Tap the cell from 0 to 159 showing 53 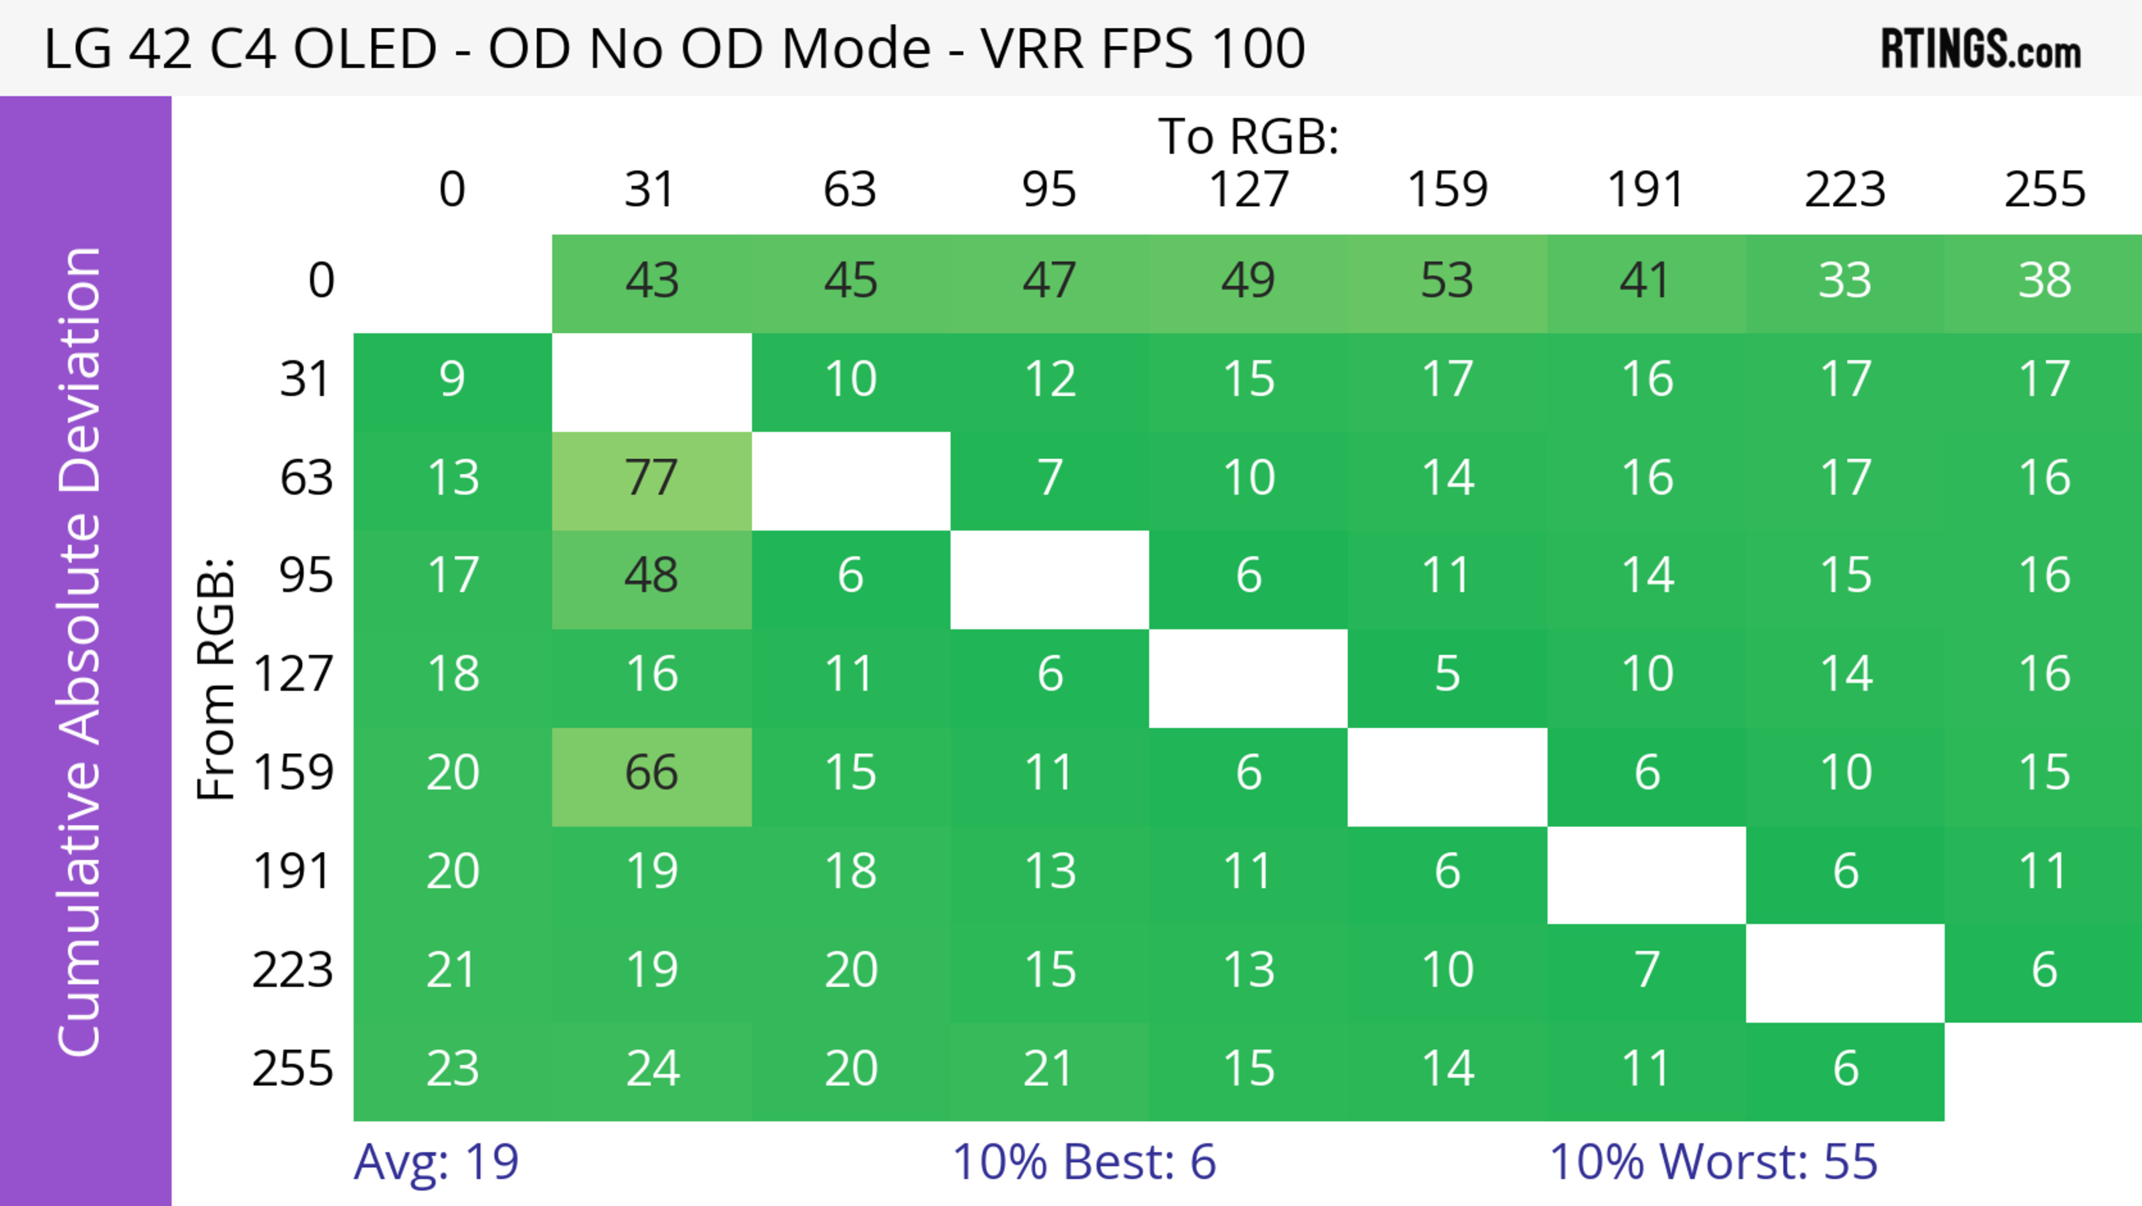coord(1447,281)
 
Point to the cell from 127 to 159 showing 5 coord(1447,675)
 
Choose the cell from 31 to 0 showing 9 coord(452,380)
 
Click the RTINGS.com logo coord(1981,49)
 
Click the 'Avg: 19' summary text coord(437,1162)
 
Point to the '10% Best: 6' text coord(1083,1162)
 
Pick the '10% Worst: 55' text coord(1713,1162)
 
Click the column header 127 coord(1248,190)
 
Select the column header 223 coord(1845,190)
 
